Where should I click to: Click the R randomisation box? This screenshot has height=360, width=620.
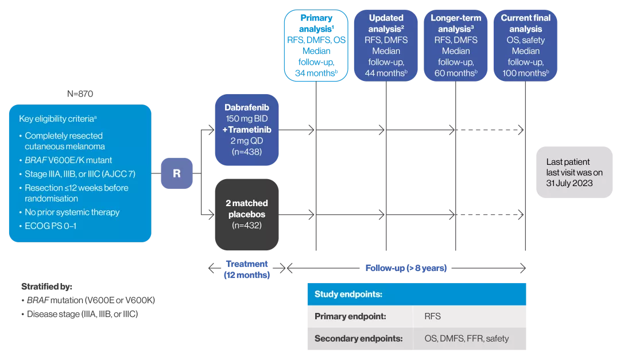tap(176, 173)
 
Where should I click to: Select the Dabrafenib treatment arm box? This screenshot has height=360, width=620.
tap(246, 130)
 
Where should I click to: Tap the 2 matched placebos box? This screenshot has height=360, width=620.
tap(246, 214)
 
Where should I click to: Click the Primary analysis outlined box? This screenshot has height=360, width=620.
tap(316, 45)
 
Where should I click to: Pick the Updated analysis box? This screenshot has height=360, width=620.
tap(386, 45)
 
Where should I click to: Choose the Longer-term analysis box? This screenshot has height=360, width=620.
tap(456, 45)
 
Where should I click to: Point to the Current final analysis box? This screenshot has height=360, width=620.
tap(525, 45)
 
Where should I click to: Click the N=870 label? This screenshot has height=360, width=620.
tap(80, 94)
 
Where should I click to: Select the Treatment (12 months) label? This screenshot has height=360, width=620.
tap(246, 269)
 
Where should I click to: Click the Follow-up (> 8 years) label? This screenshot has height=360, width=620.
tap(406, 268)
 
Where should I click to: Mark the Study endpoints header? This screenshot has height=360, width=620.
tap(348, 294)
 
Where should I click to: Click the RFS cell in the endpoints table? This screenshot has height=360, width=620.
tap(433, 316)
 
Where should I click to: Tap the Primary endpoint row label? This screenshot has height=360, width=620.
tap(350, 316)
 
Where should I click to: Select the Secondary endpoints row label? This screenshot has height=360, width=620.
tap(359, 338)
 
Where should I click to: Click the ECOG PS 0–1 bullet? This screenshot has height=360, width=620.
tap(51, 226)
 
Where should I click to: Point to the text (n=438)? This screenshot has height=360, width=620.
tap(246, 152)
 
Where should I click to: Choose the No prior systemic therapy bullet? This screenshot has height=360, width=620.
tap(72, 212)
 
